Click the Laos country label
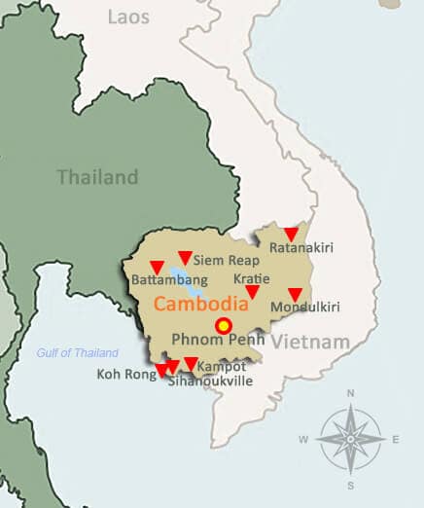coord(128,17)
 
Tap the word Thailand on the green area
coord(97,177)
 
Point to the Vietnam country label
coord(310,343)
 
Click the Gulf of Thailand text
coord(78,353)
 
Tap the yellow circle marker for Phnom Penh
coord(224,326)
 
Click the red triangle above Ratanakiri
coord(290,234)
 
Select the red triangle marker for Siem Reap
coord(185,258)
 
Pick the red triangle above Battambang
coord(157,267)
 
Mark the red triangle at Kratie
coord(252,292)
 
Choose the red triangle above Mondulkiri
coord(295,294)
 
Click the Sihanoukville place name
coord(210,381)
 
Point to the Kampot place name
coord(221,367)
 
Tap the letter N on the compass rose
coord(350,394)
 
